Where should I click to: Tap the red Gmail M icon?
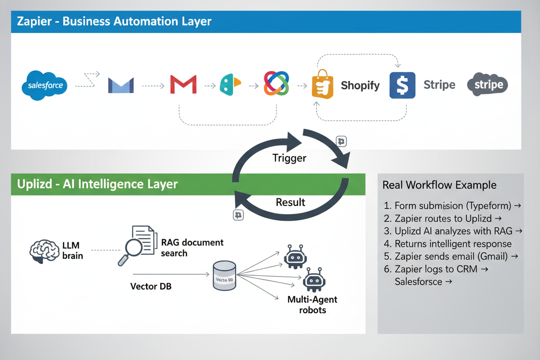coord(183,84)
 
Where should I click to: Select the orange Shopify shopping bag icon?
coord(323,85)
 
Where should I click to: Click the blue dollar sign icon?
coord(402,85)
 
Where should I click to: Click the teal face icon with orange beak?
coord(230,84)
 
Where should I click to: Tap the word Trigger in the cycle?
coord(289,158)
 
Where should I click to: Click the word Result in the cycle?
coord(290,202)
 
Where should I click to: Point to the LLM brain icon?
coord(44,251)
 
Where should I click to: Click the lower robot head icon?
coord(314,280)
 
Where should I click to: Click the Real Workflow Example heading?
coord(439,185)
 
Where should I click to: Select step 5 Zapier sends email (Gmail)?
coord(450,256)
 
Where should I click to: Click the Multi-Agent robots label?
coord(312,305)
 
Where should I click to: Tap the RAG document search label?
coord(192,247)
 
